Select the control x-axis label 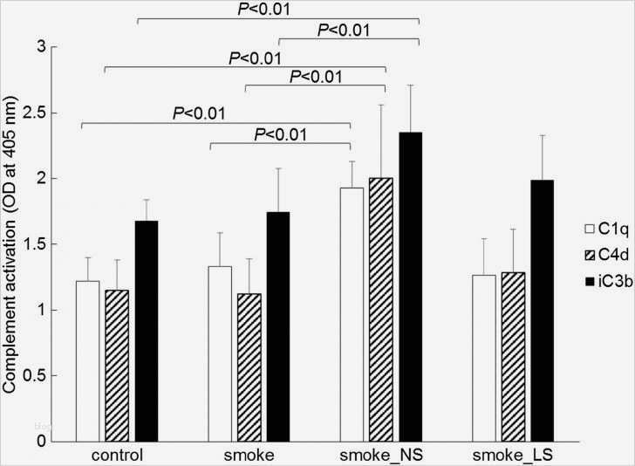pyautogui.click(x=117, y=456)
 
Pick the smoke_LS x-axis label pyautogui.click(x=511, y=456)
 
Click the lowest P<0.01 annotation pyautogui.click(x=280, y=134)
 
